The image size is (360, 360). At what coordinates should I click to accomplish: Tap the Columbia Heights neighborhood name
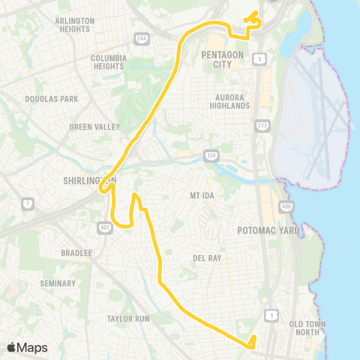(x=108, y=61)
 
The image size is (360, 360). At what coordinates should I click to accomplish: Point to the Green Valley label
(x=94, y=127)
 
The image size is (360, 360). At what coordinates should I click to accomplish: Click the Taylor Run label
(x=128, y=319)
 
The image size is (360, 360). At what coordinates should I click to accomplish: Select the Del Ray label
(x=207, y=258)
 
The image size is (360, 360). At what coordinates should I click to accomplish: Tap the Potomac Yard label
(x=268, y=230)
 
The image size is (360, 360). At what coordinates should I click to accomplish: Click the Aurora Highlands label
(x=232, y=102)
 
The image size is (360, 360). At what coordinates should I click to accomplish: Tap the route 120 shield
(x=211, y=155)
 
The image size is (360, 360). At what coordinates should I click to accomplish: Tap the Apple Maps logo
(x=27, y=347)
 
